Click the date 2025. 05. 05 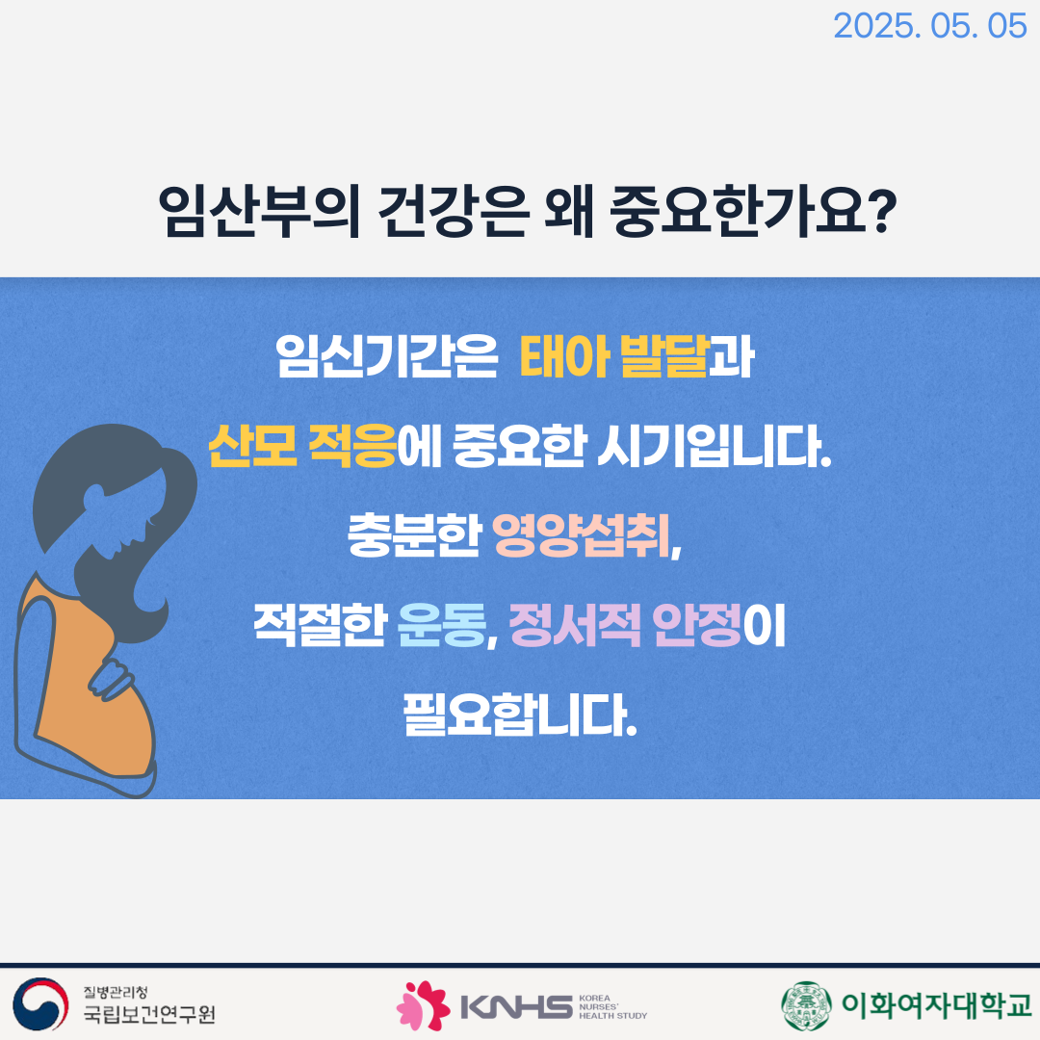click(929, 26)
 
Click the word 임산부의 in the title click(259, 211)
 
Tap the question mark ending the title click(881, 210)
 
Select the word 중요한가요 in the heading click(738, 211)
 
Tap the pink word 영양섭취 click(581, 535)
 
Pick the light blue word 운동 click(442, 625)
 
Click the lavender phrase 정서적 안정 click(625, 625)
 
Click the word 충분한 click(414, 535)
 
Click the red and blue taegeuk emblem click(40, 1003)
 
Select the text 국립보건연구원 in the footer click(149, 1013)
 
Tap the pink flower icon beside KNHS click(423, 1004)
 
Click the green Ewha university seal click(806, 1004)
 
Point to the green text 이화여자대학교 click(936, 1004)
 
